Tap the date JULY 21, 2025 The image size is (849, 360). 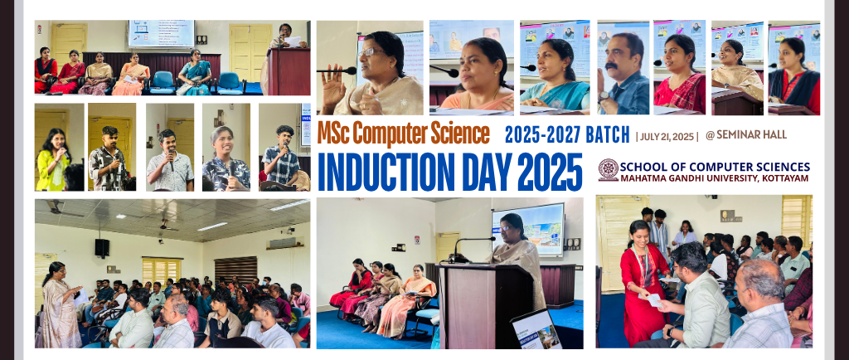coord(667,136)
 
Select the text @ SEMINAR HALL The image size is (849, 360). coord(746,135)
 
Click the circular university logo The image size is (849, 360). coord(608,170)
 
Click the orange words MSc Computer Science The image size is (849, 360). coord(404,134)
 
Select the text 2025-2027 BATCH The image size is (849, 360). coord(567,134)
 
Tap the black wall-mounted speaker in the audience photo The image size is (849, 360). coord(102,248)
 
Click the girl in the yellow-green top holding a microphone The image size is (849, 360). coord(52,160)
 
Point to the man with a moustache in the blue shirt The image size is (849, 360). coord(623,74)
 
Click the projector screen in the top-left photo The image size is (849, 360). coord(161,34)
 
